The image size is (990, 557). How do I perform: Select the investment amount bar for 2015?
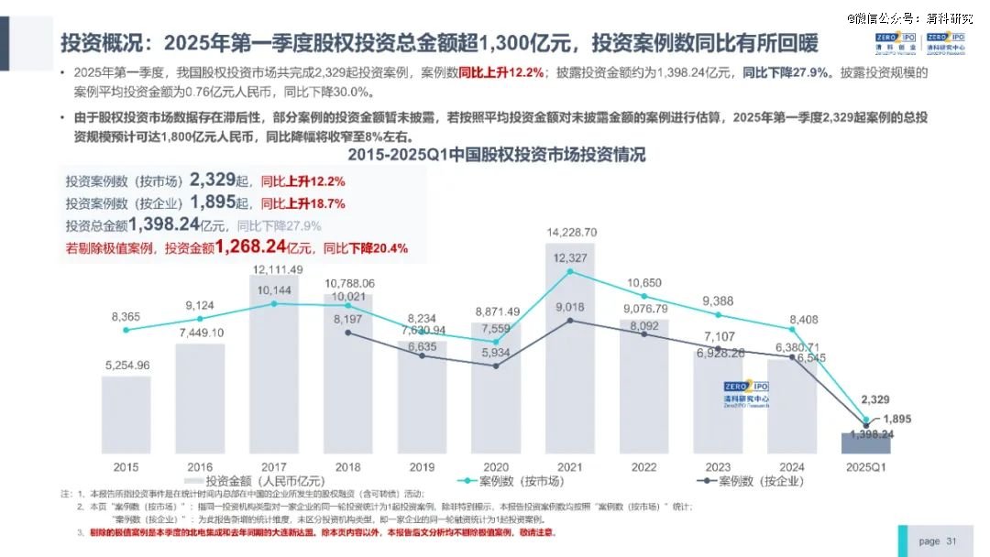[x=126, y=412]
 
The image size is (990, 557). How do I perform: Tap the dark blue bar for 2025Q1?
[x=866, y=442]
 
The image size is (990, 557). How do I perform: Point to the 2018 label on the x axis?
[x=347, y=466]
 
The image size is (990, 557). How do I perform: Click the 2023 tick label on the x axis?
[x=718, y=466]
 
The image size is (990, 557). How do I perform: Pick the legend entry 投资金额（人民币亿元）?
[x=255, y=481]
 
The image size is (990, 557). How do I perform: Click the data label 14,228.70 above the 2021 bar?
[x=571, y=233]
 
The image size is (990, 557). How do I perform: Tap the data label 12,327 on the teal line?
[x=570, y=258]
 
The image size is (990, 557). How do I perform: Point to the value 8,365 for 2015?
[x=126, y=317]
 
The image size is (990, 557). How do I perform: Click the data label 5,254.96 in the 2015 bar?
[x=126, y=365]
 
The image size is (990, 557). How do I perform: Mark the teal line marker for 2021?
[x=570, y=270]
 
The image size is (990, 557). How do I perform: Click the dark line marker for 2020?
[x=496, y=366]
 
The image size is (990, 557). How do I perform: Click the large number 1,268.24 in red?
[x=250, y=246]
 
